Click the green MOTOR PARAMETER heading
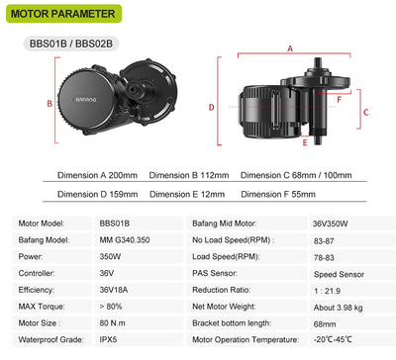[x=63, y=14]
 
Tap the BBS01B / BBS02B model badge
[x=71, y=44]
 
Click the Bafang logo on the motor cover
[x=86, y=99]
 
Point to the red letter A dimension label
[x=290, y=48]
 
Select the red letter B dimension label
[x=49, y=104]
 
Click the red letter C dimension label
[x=365, y=113]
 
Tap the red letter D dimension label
[x=211, y=107]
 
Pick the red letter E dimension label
[x=305, y=142]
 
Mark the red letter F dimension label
[x=339, y=99]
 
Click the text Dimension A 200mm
[x=97, y=175]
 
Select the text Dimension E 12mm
[x=187, y=194]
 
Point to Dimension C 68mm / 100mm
[x=296, y=175]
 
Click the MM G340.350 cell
[x=125, y=240]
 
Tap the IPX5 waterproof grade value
[x=108, y=339]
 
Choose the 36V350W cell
[x=330, y=224]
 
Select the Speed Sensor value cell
[x=339, y=274]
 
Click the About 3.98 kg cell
[x=339, y=308]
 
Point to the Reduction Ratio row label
[x=222, y=290]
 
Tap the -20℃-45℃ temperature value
[x=333, y=339]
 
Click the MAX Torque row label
[x=42, y=307]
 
